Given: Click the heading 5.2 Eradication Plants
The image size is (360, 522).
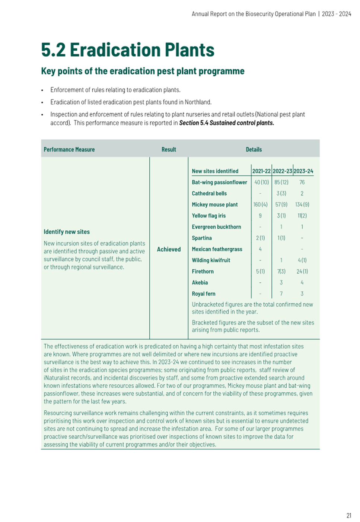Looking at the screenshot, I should click(128, 50).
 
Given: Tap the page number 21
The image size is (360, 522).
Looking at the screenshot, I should click(349, 515).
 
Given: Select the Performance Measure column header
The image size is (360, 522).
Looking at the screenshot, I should click(69, 149).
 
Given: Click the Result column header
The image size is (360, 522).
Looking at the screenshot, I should click(169, 149).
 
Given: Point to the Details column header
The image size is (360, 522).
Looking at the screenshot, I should click(254, 149).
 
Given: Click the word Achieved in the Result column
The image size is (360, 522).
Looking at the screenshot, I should click(169, 249).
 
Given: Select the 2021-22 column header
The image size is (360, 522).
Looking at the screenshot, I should click(261, 171).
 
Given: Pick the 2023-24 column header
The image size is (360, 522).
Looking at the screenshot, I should click(303, 171).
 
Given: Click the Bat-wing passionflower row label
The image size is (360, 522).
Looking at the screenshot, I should click(219, 182).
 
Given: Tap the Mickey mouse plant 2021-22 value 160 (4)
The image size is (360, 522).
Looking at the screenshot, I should click(260, 204).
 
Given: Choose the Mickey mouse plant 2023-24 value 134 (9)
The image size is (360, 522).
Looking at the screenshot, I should click(302, 204).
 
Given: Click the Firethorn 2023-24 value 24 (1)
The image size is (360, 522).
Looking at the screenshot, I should click(302, 271).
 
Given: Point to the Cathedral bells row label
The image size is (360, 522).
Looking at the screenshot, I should click(209, 193).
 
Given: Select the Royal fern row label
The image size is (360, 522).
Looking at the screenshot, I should click(204, 294).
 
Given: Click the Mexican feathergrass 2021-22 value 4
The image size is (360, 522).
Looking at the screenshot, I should click(260, 249).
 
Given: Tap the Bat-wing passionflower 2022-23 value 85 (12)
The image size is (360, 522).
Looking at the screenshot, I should click(281, 182).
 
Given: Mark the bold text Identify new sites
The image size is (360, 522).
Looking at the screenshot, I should click(67, 232).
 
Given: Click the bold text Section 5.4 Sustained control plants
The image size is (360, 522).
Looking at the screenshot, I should click(226, 123).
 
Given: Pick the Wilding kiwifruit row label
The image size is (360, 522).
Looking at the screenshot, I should click(211, 260).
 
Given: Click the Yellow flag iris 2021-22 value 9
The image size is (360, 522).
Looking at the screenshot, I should click(260, 216).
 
